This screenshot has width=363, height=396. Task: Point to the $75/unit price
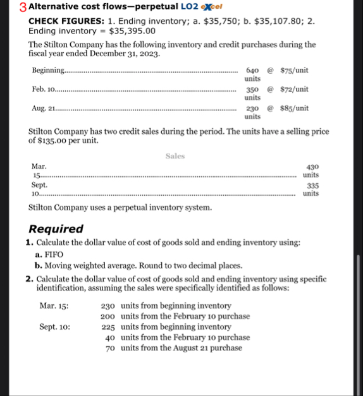(294, 70)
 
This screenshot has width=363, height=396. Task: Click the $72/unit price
(294, 89)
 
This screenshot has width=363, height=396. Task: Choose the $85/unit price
(294, 108)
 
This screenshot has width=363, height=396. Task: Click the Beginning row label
(48, 70)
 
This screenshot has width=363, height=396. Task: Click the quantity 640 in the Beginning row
(252, 70)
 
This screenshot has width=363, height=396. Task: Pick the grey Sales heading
(175, 155)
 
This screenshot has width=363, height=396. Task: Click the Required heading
(56, 229)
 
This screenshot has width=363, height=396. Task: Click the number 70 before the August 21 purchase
(111, 347)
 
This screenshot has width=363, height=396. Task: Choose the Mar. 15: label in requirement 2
(54, 306)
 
